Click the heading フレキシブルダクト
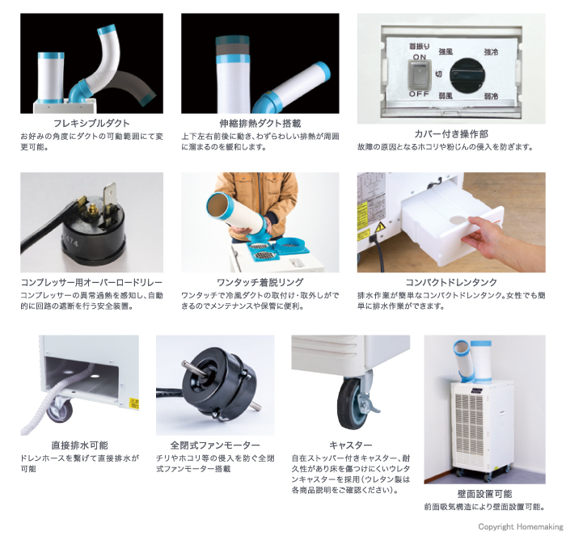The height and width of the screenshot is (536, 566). (91, 124)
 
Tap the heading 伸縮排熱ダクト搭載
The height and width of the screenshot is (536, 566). (260, 124)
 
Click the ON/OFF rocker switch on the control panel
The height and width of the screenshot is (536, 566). (419, 74)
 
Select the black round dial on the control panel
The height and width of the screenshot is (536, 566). (467, 75)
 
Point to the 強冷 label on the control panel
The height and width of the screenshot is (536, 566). (491, 53)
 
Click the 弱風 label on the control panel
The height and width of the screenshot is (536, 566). (446, 95)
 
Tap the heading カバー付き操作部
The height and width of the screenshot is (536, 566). (451, 134)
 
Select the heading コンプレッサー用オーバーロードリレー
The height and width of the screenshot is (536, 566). (91, 282)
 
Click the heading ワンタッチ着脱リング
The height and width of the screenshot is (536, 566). (260, 282)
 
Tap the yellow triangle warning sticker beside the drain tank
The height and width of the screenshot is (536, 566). (380, 227)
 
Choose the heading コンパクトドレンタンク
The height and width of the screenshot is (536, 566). (451, 282)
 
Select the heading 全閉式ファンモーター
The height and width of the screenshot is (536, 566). (215, 445)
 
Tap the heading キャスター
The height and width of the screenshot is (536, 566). (350, 445)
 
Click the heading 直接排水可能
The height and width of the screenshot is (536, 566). (79, 445)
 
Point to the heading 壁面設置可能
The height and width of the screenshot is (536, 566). (484, 494)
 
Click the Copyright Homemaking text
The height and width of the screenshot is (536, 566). (520, 526)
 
